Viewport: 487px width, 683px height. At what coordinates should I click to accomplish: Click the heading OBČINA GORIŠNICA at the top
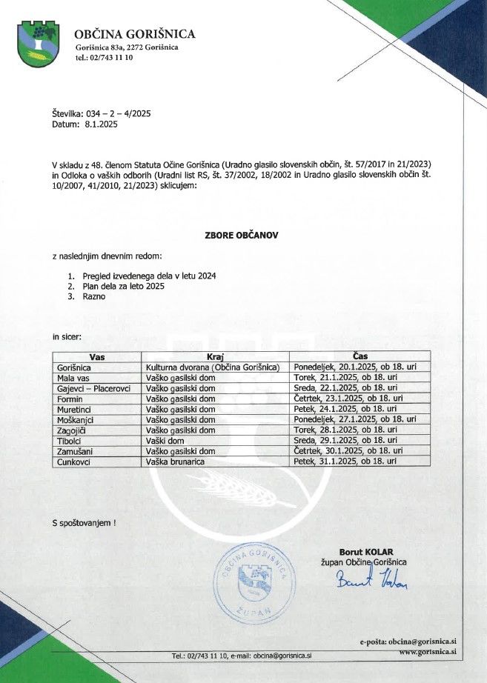(x=135, y=34)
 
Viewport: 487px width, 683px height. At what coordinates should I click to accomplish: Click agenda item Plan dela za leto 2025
(x=123, y=286)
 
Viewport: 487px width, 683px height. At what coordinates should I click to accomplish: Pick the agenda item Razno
(x=94, y=296)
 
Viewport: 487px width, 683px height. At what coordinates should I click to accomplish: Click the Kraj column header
(x=215, y=356)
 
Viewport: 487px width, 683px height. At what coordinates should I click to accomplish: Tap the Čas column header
(x=360, y=356)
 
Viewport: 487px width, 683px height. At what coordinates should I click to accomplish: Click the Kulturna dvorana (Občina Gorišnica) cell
(x=212, y=367)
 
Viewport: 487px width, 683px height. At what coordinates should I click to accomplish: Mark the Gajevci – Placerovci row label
(x=93, y=387)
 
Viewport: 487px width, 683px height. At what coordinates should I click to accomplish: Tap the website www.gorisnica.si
(x=426, y=653)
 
